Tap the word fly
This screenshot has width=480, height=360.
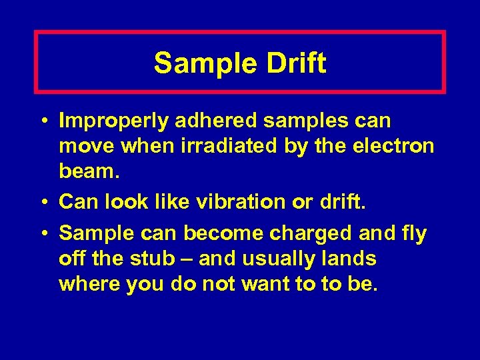(413, 233)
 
